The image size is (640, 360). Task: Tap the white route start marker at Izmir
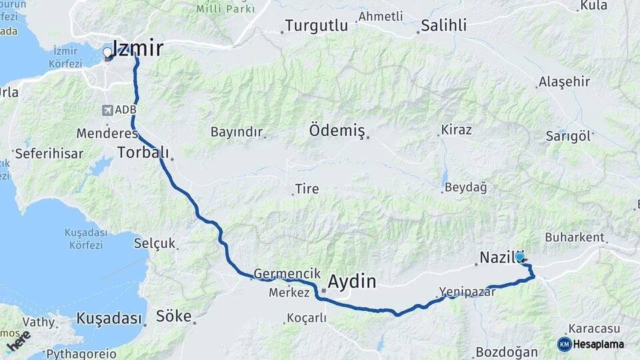click(107, 52)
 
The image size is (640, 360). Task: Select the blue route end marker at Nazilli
click(519, 256)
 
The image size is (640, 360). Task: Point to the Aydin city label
click(352, 281)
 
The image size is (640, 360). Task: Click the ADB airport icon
click(108, 109)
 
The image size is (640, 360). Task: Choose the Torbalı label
click(143, 152)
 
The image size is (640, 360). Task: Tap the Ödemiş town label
click(337, 131)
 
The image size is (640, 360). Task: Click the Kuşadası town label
click(109, 318)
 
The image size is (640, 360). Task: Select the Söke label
click(173, 316)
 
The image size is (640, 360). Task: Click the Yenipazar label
click(467, 291)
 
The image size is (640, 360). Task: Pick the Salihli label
click(443, 26)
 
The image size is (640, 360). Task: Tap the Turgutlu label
click(317, 26)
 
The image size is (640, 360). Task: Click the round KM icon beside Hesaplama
click(564, 344)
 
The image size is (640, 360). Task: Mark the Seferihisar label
click(49, 153)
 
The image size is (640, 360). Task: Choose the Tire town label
click(307, 189)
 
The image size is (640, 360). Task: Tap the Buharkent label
click(575, 237)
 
